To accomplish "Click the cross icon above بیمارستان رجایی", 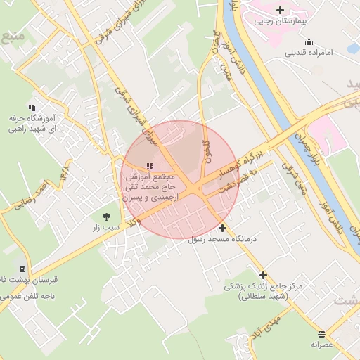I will pyautogui.click(x=281, y=10).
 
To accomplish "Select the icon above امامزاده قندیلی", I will pyautogui.click(x=309, y=41).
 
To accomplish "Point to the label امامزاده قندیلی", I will pyautogui.click(x=314, y=53).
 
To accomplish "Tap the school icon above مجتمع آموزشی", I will pyautogui.click(x=148, y=166).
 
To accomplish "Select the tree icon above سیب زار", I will pyautogui.click(x=106, y=217).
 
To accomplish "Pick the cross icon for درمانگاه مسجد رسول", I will pyautogui.click(x=223, y=228).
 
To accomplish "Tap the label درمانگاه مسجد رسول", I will pyautogui.click(x=224, y=239).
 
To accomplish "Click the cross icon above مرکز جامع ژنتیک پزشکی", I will pyautogui.click(x=264, y=276).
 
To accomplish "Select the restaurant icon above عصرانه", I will pyautogui.click(x=322, y=334).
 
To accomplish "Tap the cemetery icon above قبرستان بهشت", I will pyautogui.click(x=22, y=269).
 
